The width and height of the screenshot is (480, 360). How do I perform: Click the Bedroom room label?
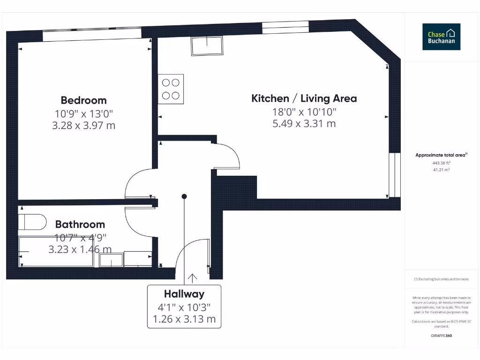[x=83, y=100]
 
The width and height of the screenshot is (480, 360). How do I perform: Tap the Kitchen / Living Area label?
[x=304, y=98]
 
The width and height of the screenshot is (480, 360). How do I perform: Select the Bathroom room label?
[x=80, y=225]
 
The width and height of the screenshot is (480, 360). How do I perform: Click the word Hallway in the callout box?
[x=184, y=294]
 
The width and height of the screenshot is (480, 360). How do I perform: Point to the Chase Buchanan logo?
[x=441, y=37]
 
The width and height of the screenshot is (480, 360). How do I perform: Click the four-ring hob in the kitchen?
[x=171, y=89]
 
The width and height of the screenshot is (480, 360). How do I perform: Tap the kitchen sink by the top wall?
[x=207, y=46]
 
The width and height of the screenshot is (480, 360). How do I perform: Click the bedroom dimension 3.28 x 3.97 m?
[x=83, y=126]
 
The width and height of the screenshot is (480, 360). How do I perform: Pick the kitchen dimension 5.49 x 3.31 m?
[x=304, y=124]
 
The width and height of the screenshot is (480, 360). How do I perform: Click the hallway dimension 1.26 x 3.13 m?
[x=184, y=320]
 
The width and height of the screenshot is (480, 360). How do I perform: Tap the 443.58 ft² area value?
[x=441, y=163]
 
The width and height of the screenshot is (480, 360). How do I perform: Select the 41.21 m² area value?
[x=441, y=170]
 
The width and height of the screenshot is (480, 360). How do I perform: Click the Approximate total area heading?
[x=441, y=155]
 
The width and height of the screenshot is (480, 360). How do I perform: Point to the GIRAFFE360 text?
[x=441, y=336]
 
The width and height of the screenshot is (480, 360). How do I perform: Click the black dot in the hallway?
[x=184, y=196]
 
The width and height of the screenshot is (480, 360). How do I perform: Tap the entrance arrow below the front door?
[x=192, y=278]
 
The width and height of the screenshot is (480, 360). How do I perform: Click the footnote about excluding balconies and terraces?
[x=441, y=279]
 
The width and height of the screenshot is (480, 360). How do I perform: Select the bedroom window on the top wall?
[x=92, y=35]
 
